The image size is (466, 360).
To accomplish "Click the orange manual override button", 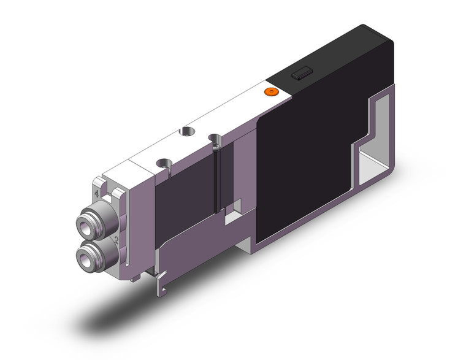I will coord(270,92).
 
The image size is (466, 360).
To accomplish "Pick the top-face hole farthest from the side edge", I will coord(185,132).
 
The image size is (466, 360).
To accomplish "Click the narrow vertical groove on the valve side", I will coord(216,178).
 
